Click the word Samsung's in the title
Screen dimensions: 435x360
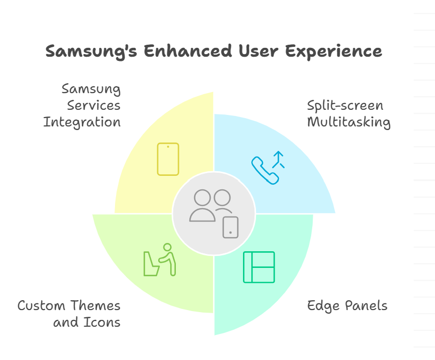[x=91, y=52]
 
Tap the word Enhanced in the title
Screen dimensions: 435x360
[x=188, y=51]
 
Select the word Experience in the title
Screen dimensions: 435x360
[x=334, y=52]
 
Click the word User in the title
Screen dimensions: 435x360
[x=259, y=51]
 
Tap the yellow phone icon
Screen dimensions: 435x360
[x=168, y=159]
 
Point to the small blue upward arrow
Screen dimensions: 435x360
[x=278, y=160]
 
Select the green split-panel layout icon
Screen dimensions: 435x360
[x=259, y=267]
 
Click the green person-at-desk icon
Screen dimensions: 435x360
[x=160, y=260]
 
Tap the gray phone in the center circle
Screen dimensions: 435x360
[x=231, y=227]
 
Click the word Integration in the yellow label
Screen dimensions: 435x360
[x=82, y=122]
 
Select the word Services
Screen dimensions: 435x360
[x=94, y=106]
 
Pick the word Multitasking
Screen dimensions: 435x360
[x=349, y=122]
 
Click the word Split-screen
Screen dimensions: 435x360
[x=346, y=106]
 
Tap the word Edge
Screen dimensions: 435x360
[x=324, y=306]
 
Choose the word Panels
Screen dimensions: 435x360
[x=366, y=305]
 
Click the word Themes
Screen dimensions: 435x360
[x=95, y=305]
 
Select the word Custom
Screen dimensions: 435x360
[x=41, y=306]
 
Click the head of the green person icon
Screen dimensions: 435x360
[x=167, y=247]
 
